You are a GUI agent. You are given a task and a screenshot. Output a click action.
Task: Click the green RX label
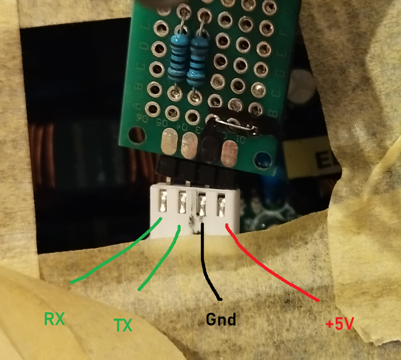coord(55,319)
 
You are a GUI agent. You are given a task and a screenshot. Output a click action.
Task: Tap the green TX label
coord(123,325)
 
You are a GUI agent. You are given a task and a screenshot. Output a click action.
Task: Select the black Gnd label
coord(221,319)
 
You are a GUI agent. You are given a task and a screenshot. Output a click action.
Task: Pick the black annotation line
coord(205,263)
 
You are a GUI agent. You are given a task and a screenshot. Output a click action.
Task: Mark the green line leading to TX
coord(159,259)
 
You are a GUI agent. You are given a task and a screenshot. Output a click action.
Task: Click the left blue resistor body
coord(177,58)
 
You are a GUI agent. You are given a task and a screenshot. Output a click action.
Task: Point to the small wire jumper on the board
coord(233,125)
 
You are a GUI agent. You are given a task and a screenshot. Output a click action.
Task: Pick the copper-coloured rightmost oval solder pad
coord(230,152)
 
